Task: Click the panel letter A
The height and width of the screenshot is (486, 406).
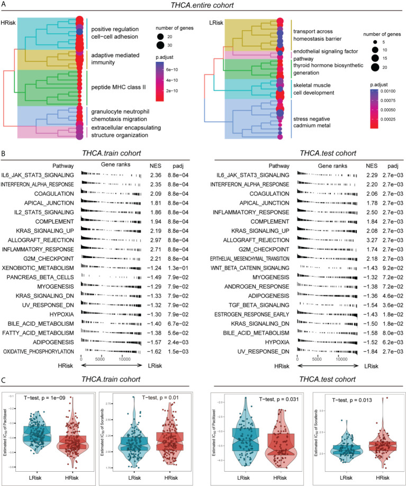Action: pos(4,5)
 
